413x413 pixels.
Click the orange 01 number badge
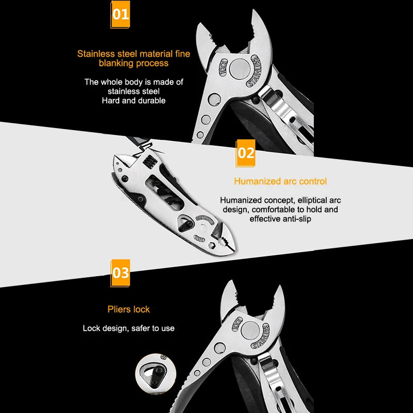pos(120,14)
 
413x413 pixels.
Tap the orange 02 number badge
pos(246,153)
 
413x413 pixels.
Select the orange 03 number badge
pos(120,273)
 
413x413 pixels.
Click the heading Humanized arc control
pos(280,181)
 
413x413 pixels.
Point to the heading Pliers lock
pos(129,309)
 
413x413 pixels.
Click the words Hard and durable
pos(134,101)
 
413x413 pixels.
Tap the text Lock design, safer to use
pos(129,328)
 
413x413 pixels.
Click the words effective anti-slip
pos(280,219)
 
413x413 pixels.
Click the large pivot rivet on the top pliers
pos(240,69)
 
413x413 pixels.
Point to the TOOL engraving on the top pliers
pos(223,68)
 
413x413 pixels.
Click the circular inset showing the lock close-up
pos(155,374)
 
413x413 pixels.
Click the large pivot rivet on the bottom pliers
pos(250,330)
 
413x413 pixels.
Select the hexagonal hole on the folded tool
pos(212,246)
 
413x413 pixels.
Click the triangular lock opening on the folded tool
pos(185,224)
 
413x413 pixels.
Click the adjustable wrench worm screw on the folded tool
pos(149,162)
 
